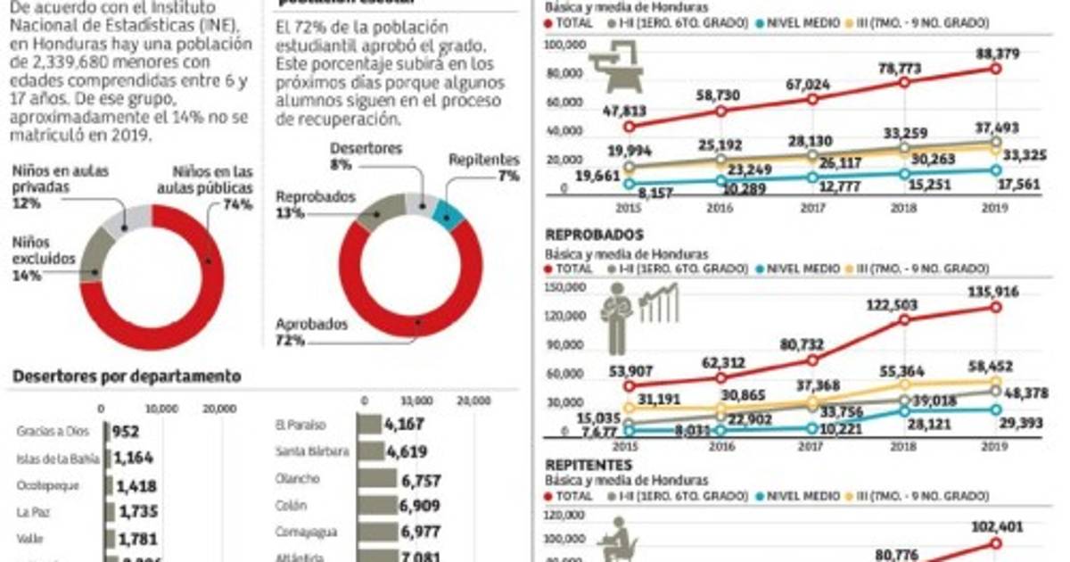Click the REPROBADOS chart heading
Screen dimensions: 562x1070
[594, 236]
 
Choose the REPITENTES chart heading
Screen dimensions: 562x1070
[589, 465]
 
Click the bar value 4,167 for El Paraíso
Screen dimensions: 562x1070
[406, 425]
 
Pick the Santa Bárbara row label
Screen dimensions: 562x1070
[312, 452]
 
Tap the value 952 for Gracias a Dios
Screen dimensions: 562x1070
[127, 433]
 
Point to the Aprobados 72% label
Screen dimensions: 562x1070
[311, 332]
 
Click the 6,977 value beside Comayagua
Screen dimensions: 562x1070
[406, 532]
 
